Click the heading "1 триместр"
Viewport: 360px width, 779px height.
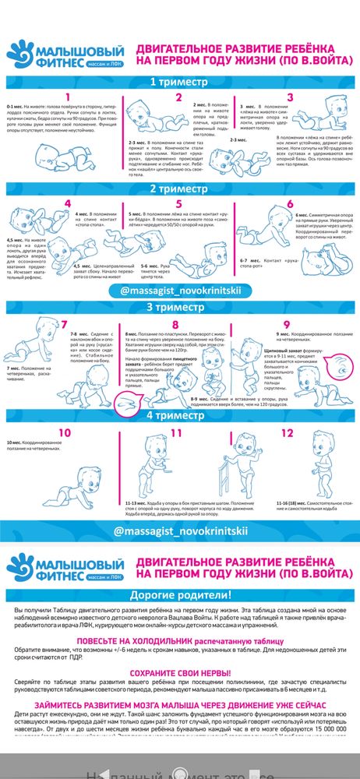pyautogui.click(x=179, y=81)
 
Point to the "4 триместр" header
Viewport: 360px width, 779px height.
pyautogui.click(x=179, y=414)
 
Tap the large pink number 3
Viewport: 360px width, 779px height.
pyautogui.click(x=289, y=98)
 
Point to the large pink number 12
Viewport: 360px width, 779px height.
pyautogui.click(x=288, y=432)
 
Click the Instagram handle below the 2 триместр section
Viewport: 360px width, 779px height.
pyautogui.click(x=180, y=290)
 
